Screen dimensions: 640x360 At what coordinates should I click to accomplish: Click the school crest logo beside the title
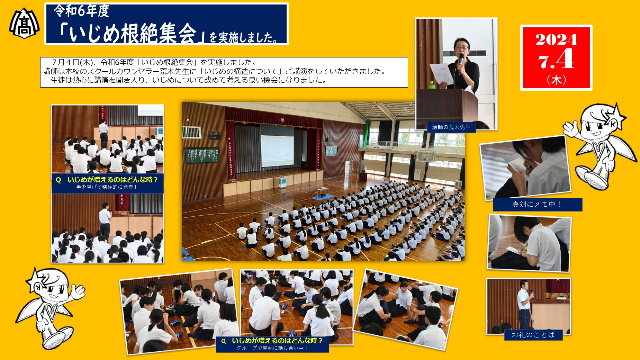pyautogui.click(x=24, y=23)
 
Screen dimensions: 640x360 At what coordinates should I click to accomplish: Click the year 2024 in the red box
pyautogui.click(x=556, y=39)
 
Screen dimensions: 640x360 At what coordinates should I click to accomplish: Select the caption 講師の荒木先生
pyautogui.click(x=451, y=127)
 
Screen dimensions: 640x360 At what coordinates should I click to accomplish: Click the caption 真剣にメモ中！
pyautogui.click(x=537, y=205)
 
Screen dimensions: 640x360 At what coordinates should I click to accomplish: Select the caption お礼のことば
pyautogui.click(x=533, y=335)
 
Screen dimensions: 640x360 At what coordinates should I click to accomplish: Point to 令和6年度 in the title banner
pyautogui.click(x=81, y=11)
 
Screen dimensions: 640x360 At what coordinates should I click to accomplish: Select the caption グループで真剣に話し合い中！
pyautogui.click(x=272, y=348)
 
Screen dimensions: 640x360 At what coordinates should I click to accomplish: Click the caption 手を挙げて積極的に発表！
pyautogui.click(x=107, y=187)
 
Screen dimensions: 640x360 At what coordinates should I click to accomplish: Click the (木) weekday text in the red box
pyautogui.click(x=556, y=80)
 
